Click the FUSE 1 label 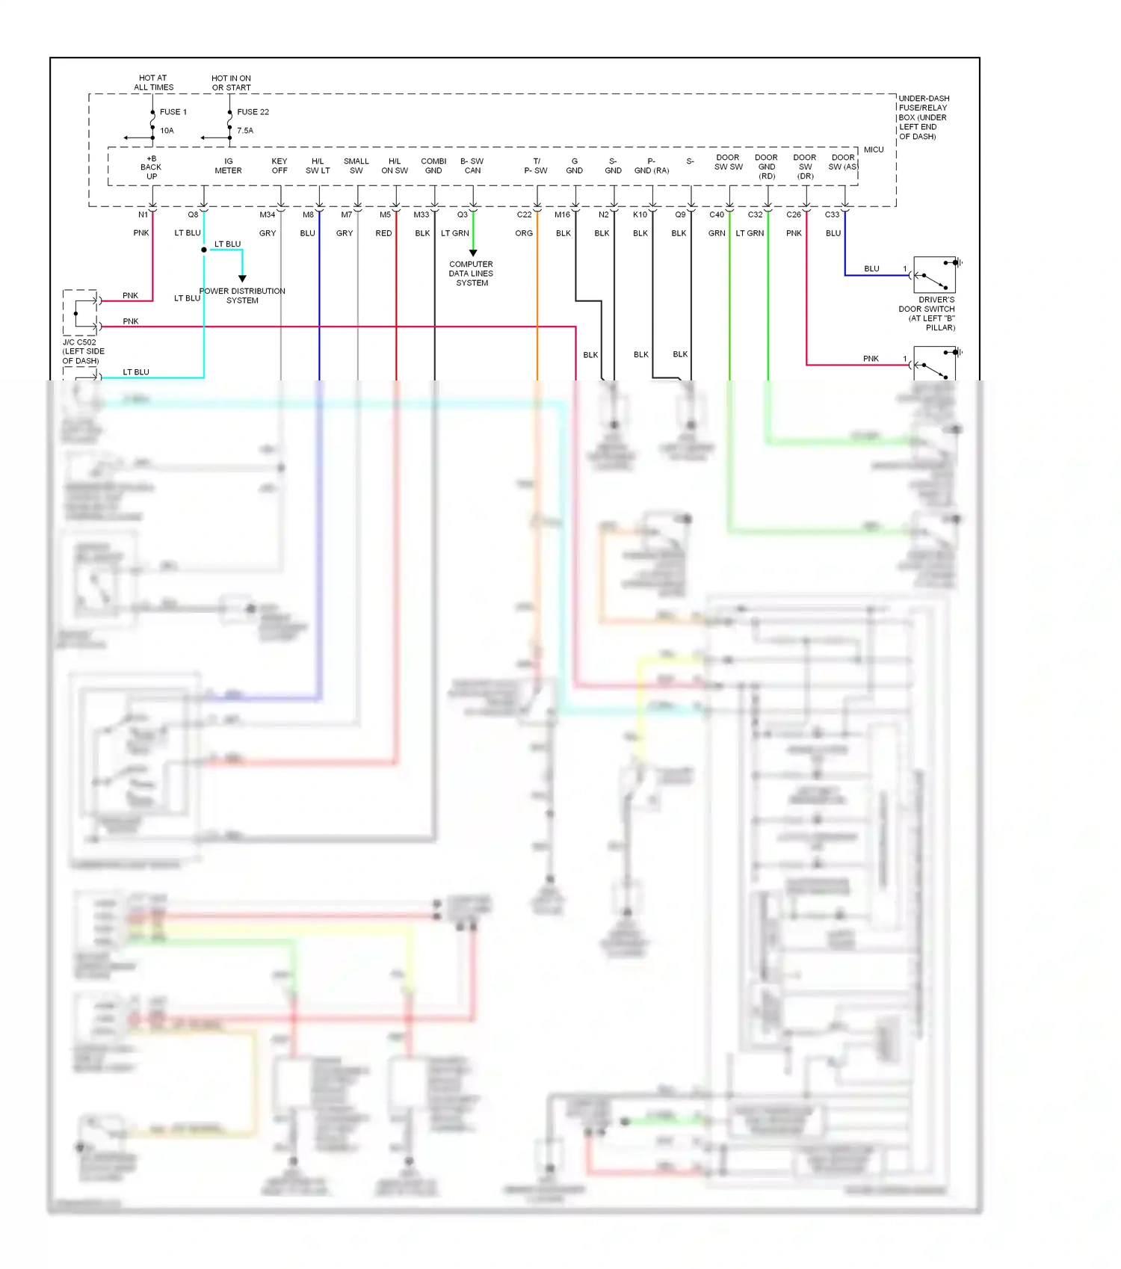(173, 112)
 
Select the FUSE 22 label (253, 112)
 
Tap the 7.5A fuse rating (245, 131)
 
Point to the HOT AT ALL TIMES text (153, 83)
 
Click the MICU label (874, 150)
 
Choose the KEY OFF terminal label (279, 166)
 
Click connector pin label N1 (143, 215)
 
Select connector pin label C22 (524, 215)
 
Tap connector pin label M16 (562, 215)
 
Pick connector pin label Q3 (463, 215)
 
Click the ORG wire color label (524, 234)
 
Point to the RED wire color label (383, 234)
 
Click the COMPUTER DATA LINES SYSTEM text (472, 274)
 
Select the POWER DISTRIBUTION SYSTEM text (242, 296)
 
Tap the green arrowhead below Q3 (473, 253)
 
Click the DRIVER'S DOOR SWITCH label (927, 313)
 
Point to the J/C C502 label (82, 351)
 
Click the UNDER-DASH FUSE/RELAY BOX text (923, 117)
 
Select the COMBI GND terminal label (433, 166)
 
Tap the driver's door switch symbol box (934, 275)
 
